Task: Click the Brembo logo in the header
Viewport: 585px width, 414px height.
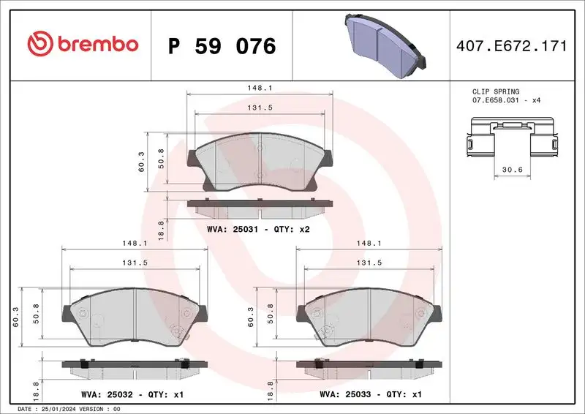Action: click(83, 44)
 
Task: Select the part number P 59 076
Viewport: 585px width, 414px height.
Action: click(222, 46)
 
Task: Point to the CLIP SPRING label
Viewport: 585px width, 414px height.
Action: click(496, 91)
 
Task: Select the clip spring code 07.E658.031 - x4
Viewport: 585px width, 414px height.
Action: click(506, 99)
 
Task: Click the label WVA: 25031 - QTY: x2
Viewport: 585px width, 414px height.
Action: click(260, 230)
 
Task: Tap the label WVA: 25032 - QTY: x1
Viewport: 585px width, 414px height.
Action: click(134, 394)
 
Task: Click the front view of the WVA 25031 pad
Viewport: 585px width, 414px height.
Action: click(260, 163)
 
